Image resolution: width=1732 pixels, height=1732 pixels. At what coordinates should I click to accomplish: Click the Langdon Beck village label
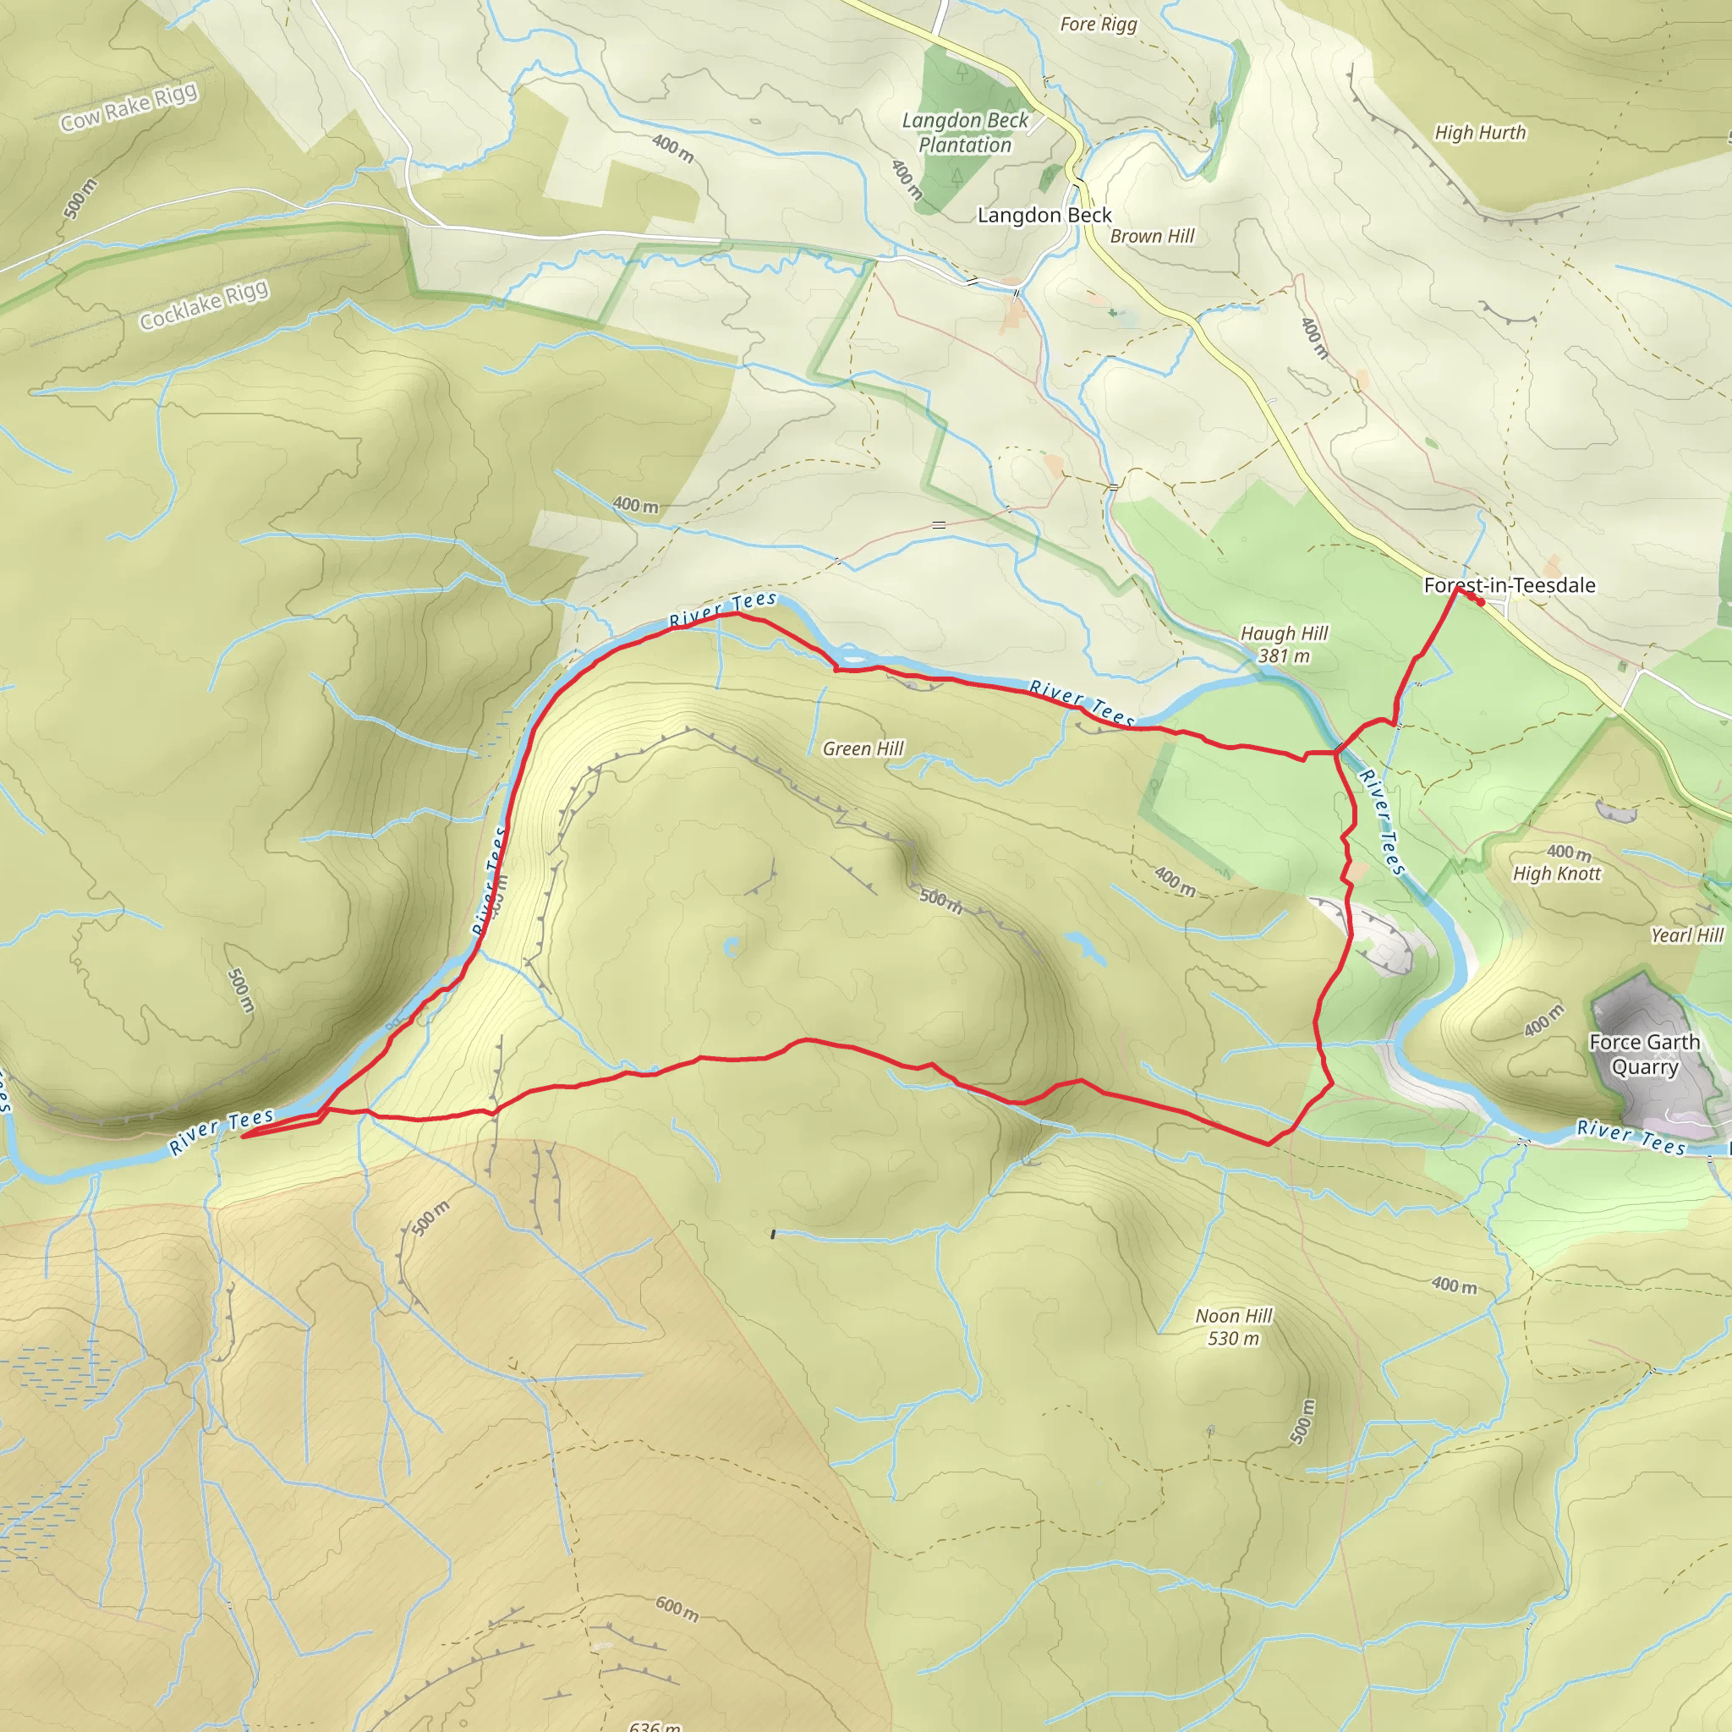[1044, 215]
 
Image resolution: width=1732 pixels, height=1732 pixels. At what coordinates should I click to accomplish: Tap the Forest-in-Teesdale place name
[1510, 585]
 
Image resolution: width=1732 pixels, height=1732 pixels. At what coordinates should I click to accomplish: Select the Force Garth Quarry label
[1644, 1055]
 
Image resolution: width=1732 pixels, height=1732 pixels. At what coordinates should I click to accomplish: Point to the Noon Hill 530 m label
[1234, 1327]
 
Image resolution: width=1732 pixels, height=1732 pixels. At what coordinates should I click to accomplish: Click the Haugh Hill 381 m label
[1284, 644]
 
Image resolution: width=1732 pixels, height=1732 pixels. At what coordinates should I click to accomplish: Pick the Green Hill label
[863, 748]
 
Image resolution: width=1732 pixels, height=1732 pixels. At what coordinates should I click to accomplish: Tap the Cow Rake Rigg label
[129, 107]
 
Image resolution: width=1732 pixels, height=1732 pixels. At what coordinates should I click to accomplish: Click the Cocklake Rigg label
[204, 304]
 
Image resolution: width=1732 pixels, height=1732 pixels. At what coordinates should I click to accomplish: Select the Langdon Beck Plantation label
[965, 133]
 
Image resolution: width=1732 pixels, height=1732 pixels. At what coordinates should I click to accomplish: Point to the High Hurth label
[1479, 133]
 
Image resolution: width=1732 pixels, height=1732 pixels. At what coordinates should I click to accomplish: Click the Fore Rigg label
[1099, 25]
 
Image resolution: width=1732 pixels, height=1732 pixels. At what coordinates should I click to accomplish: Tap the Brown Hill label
[1152, 236]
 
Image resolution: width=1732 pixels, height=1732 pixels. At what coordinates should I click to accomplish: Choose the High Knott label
[1556, 873]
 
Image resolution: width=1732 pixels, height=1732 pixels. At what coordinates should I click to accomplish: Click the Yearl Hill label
[1687, 935]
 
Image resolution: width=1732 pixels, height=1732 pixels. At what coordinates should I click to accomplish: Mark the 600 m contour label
[677, 1609]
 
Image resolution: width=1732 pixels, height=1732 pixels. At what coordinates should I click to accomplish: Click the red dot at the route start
[1481, 602]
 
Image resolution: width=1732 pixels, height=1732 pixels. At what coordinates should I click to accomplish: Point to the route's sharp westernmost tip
[243, 1137]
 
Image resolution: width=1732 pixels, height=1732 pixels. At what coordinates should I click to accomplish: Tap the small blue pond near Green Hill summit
[732, 946]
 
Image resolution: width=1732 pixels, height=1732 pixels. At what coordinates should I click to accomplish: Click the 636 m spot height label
[655, 1726]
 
